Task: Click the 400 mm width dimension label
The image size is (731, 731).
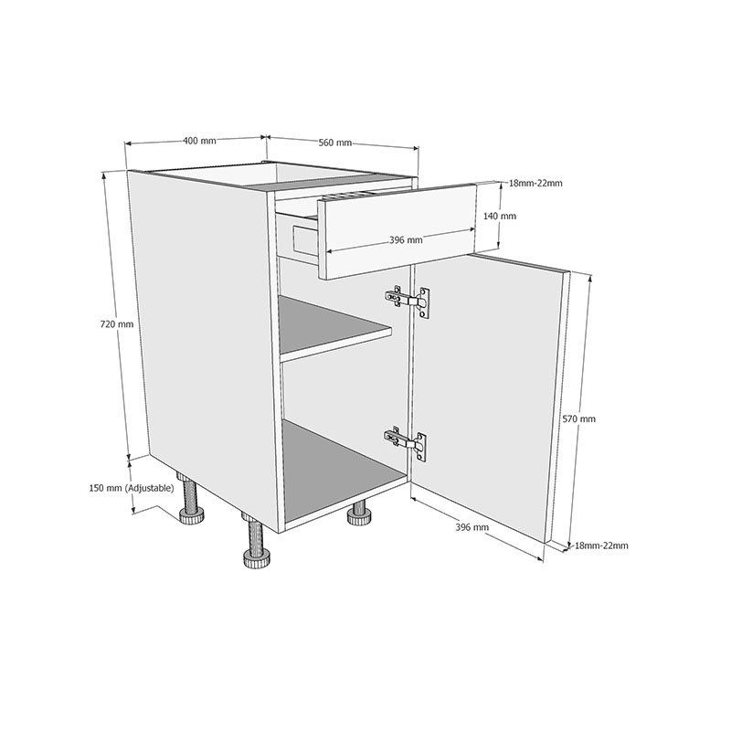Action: [199, 141]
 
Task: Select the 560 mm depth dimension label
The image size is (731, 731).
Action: [335, 143]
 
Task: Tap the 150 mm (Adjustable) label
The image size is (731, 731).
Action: [132, 488]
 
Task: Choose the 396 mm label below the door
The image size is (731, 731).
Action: [471, 527]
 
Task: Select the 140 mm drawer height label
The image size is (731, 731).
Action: [500, 217]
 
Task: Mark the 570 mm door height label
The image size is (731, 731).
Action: [580, 418]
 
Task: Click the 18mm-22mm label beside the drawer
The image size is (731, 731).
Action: [535, 183]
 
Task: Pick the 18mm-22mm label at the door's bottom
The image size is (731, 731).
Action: [601, 546]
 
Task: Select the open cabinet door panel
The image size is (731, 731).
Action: [489, 393]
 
